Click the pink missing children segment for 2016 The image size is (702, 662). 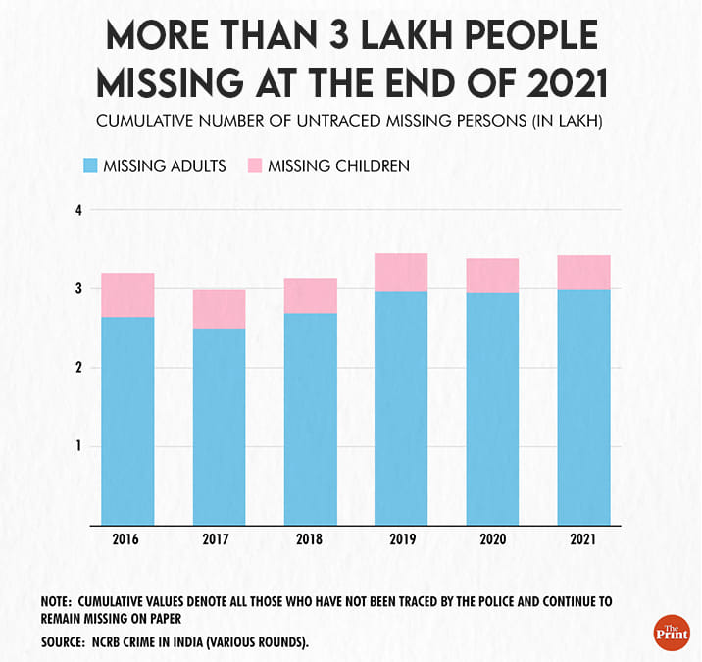tap(127, 294)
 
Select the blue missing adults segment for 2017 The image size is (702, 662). tap(219, 427)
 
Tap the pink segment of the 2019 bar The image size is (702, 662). tap(401, 272)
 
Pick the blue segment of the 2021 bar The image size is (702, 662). tap(583, 407)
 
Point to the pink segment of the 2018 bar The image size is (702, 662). tap(310, 295)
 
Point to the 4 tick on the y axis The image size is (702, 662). tap(78, 210)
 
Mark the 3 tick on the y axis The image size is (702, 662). tap(78, 289)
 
